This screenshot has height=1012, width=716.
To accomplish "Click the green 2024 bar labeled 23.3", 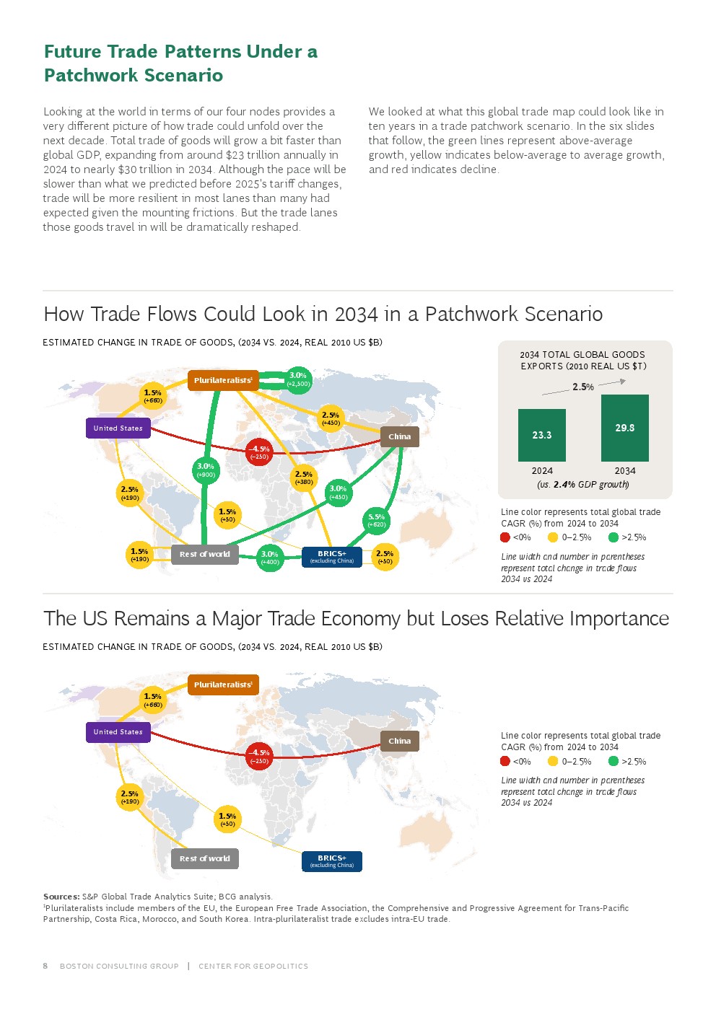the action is click(x=541, y=435).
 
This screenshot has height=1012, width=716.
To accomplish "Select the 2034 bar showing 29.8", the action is click(x=624, y=428).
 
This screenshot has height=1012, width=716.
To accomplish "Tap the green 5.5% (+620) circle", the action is click(x=376, y=521).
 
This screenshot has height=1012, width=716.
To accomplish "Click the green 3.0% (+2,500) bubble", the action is click(x=298, y=379).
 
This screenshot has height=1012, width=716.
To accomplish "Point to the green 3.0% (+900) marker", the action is click(x=206, y=470).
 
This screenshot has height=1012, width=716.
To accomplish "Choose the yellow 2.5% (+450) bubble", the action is click(x=331, y=418).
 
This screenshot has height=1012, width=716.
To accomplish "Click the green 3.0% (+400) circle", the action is click(x=270, y=558).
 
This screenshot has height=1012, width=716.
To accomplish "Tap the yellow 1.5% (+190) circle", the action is click(x=139, y=555).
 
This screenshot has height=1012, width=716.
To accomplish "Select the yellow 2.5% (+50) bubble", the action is click(x=385, y=557).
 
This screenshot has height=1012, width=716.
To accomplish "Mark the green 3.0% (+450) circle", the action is click(x=338, y=493).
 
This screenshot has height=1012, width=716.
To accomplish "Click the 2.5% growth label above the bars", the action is click(x=583, y=387).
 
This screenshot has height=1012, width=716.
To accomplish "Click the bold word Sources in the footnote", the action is click(x=61, y=897).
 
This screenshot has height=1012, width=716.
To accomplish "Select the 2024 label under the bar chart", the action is click(x=542, y=471).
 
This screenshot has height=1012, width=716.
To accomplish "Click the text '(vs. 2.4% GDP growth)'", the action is click(x=582, y=484).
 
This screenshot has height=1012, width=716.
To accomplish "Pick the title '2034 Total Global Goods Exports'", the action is click(x=582, y=360).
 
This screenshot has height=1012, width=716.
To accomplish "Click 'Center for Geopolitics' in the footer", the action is click(x=253, y=966).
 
